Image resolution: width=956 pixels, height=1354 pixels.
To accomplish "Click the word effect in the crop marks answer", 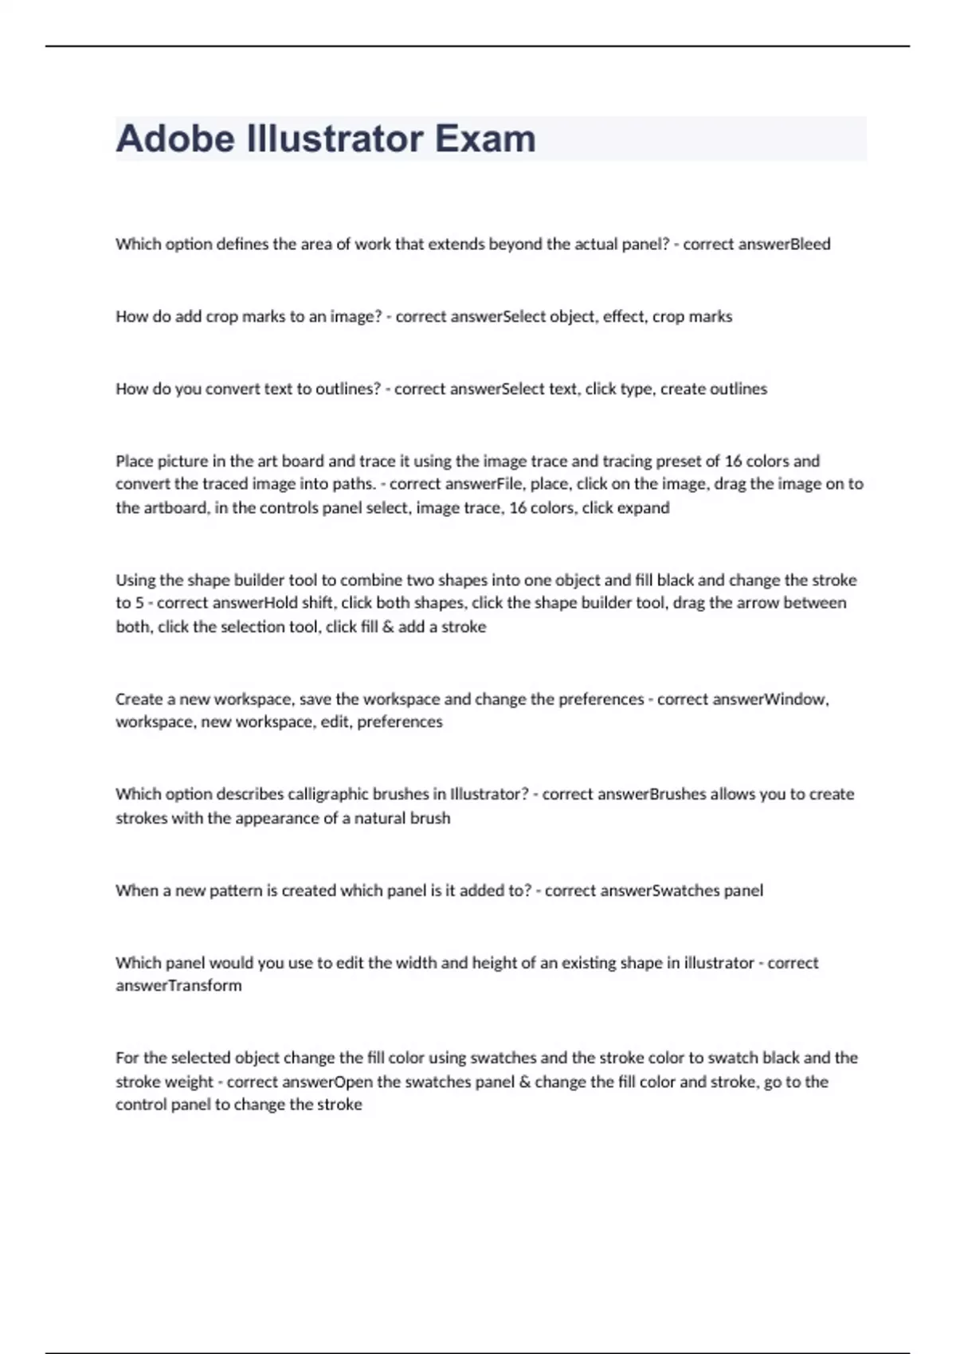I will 625,317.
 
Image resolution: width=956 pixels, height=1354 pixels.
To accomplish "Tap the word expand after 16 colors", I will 643,508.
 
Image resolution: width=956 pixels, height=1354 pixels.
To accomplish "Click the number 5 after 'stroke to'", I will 139,603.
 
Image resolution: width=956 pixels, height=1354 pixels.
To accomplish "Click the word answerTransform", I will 178,986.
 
